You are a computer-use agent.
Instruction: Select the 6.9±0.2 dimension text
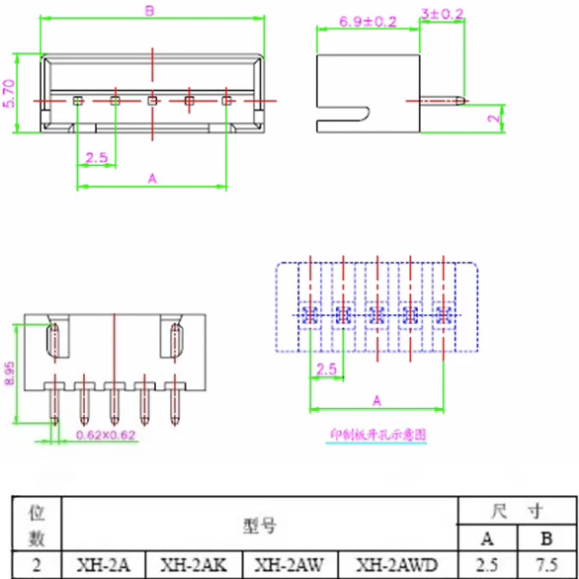[367, 20]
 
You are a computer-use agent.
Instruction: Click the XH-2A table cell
[104, 565]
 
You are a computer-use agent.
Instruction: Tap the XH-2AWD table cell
[396, 565]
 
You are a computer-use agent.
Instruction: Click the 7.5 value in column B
[546, 565]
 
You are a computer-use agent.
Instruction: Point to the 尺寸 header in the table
[517, 512]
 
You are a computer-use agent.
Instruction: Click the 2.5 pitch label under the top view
[96, 158]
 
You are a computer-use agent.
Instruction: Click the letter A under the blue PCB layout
[376, 400]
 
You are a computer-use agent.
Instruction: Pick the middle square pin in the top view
[152, 100]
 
